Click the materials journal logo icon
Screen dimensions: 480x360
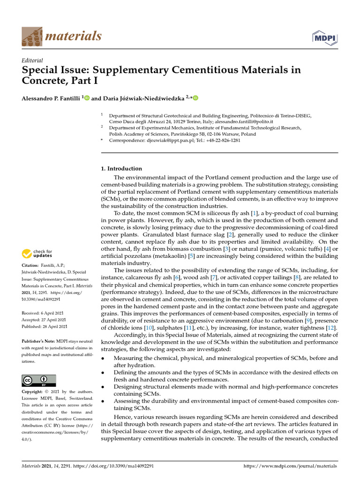coord(31,36)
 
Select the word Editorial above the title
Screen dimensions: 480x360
coord(33,60)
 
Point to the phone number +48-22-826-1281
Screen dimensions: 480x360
coord(223,140)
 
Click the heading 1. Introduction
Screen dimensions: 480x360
coord(122,168)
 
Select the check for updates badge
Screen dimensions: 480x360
coord(37,254)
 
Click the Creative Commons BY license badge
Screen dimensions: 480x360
coord(39,380)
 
